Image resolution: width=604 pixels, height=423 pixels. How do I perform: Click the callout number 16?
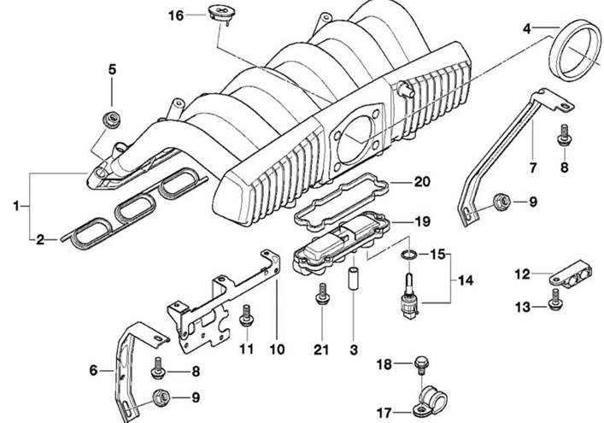pos(176,15)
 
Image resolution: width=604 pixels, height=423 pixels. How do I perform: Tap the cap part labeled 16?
pos(220,14)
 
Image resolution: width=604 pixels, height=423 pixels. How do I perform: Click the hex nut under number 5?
pos(112,119)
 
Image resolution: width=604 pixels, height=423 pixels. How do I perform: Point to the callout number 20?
pos(422,181)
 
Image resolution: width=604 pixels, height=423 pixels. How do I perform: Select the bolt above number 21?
pos(322,294)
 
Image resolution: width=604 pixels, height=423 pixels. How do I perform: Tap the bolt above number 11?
pos(246,315)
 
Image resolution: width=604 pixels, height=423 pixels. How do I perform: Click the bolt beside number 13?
pos(554,299)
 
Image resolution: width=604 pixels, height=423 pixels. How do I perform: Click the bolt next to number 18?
pos(420,366)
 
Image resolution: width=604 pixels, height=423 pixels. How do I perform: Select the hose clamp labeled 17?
pos(430,402)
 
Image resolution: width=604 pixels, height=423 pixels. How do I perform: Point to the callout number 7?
pos(533,168)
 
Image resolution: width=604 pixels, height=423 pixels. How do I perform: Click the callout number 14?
pos(466,280)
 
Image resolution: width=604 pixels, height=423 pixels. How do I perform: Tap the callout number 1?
pos(15,207)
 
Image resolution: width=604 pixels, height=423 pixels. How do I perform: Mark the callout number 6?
pos(94,371)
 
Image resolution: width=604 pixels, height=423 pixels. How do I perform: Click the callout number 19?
pos(422,221)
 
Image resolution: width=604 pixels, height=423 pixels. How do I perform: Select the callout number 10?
pos(277,350)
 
